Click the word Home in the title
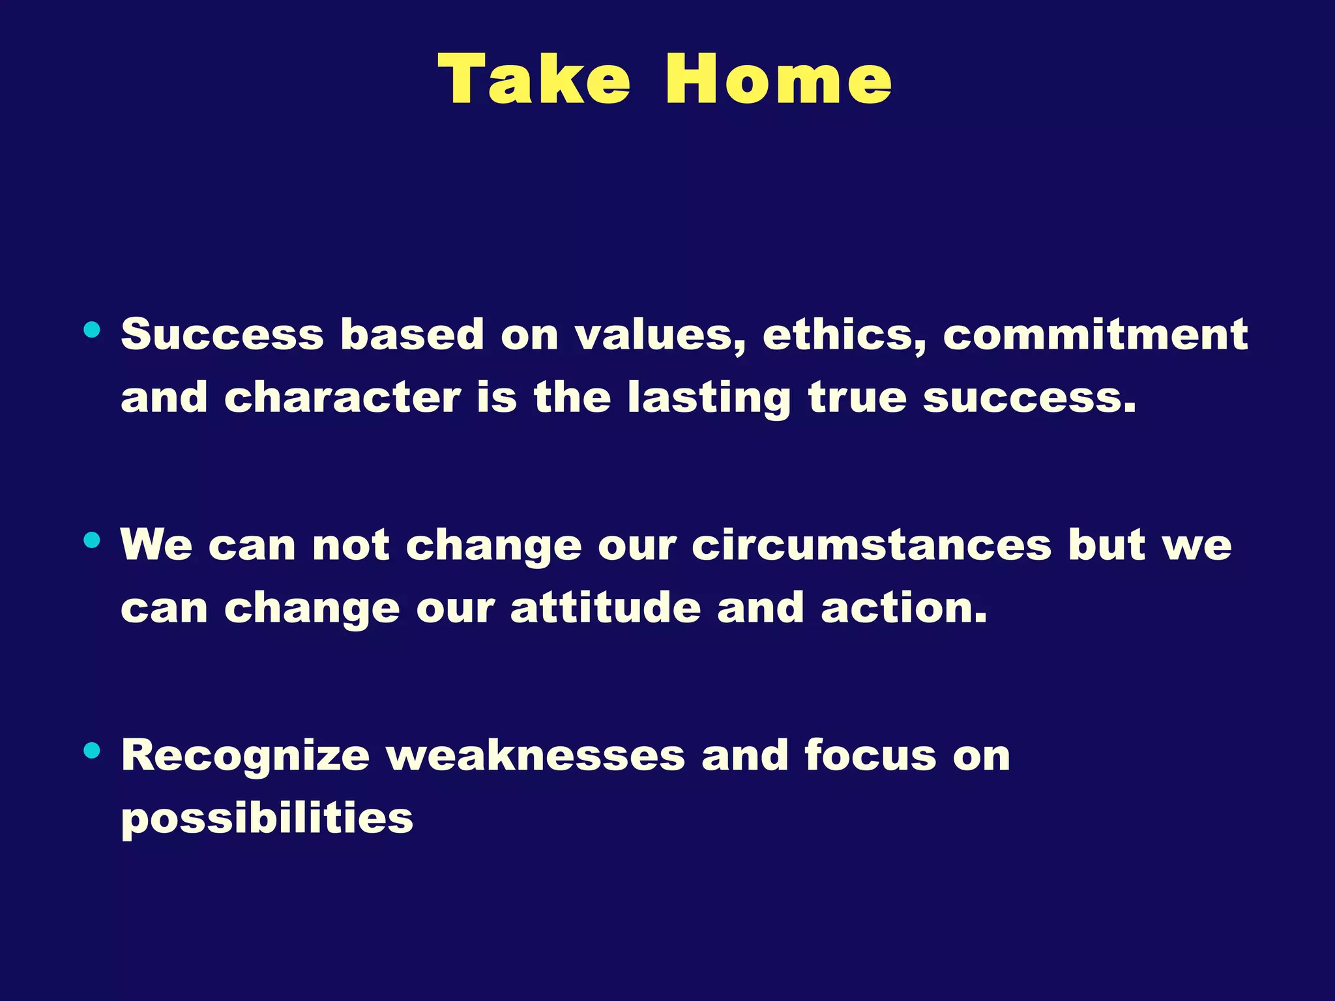point(778,80)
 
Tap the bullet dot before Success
point(92,330)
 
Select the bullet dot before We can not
point(92,540)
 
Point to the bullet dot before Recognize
point(92,751)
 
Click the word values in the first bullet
point(660,335)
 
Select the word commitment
point(1095,335)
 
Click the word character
point(342,398)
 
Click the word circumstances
point(872,545)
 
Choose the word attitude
point(606,607)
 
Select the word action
point(903,607)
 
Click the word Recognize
point(246,756)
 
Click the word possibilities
point(267,819)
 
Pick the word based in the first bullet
point(412,335)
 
